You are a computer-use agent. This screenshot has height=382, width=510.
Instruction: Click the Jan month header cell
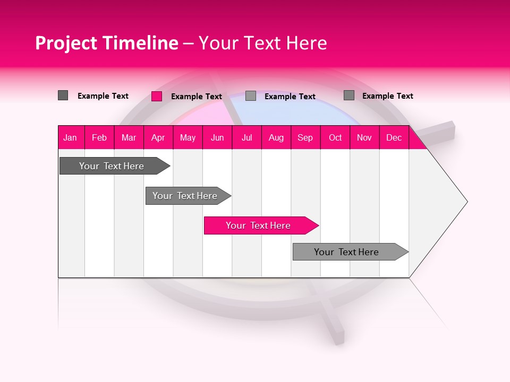coord(70,137)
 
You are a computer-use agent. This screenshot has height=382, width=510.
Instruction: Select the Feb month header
coord(99,137)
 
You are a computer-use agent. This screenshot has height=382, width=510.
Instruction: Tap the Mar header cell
coord(129,137)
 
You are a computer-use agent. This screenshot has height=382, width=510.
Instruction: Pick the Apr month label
coord(158,137)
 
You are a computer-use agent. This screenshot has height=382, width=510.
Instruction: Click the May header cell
coord(188,137)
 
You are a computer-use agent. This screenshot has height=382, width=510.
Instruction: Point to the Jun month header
coord(217,137)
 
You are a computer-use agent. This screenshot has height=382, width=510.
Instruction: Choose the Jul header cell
coord(246,137)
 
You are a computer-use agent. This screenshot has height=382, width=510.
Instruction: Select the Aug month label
coord(276,137)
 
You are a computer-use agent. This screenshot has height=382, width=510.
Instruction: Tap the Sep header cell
coord(305,137)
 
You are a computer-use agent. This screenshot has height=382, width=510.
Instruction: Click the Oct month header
coord(335,137)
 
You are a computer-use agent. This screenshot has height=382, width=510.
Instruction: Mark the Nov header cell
coord(364,137)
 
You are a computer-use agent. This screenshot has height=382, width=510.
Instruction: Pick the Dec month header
coord(394,137)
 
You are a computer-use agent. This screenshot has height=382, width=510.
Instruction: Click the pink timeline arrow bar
coord(259,225)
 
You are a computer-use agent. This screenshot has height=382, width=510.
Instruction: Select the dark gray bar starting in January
coord(112,166)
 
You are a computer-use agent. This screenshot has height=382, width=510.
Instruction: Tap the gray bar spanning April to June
coord(185,196)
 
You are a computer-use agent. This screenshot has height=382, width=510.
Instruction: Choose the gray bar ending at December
coord(347,252)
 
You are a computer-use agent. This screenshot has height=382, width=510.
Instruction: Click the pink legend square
coord(157,96)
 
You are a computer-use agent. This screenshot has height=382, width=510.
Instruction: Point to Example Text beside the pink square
coord(197,97)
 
